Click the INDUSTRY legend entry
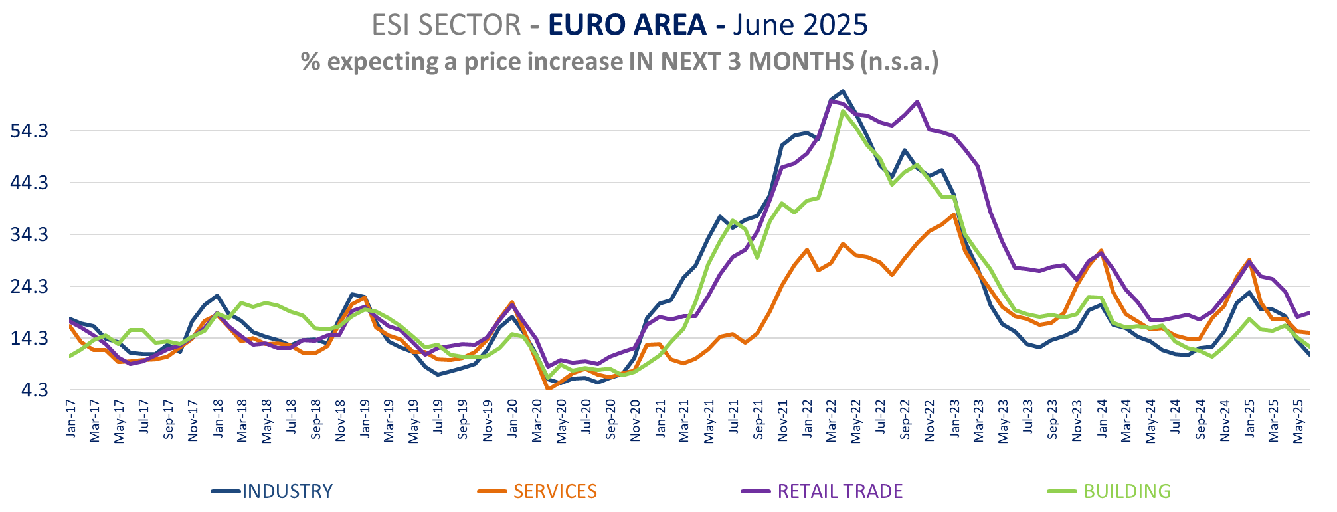[x=286, y=491]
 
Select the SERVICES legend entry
[x=555, y=491]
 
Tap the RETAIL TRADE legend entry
[x=840, y=491]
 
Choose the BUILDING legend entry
[x=1126, y=491]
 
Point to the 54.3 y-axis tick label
[x=29, y=131]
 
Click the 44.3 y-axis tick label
[x=29, y=183]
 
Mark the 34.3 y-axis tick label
[x=29, y=235]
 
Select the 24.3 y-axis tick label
[x=29, y=287]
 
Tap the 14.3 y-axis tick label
[x=29, y=339]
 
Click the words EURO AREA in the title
[x=627, y=25]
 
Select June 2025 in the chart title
[x=800, y=25]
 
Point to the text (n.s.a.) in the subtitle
[x=899, y=62]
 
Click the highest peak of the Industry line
[x=842, y=91]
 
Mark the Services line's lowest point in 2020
[x=549, y=389]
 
